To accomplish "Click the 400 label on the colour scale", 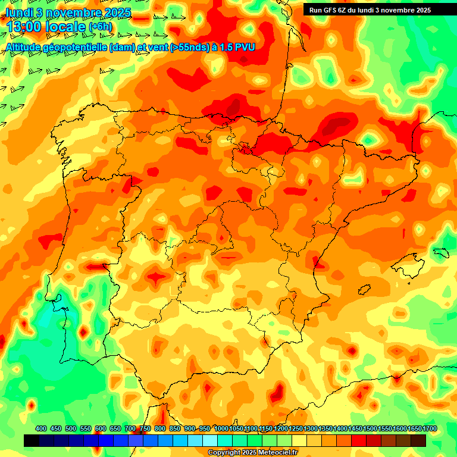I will pyautogui.click(x=41, y=429).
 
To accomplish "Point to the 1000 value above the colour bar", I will pyautogui.click(x=221, y=429).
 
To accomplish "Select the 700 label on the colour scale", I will pyautogui.click(x=130, y=429).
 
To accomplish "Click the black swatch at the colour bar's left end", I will pyautogui.click(x=32, y=441).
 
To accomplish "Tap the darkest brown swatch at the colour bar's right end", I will pyautogui.click(x=418, y=441).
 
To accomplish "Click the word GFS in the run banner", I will pyautogui.click(x=329, y=10).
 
